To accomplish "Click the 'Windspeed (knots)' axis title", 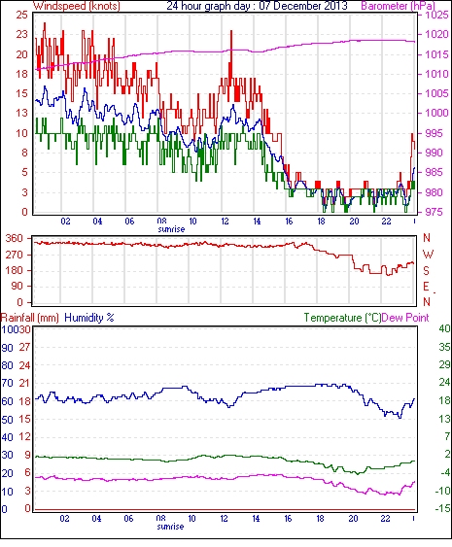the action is (x=77, y=6).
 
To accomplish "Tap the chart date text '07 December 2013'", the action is (x=303, y=6).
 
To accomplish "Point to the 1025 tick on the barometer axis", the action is (x=436, y=15).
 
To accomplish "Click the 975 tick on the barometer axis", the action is (x=436, y=212).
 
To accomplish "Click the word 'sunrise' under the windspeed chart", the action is (x=171, y=229).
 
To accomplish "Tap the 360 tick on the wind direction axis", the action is (x=15, y=239).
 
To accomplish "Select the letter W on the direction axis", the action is (x=428, y=255).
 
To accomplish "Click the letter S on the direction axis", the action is (x=426, y=270).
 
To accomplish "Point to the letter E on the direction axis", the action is (x=426, y=287).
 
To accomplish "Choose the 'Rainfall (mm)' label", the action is (x=29, y=318).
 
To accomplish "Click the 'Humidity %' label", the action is (x=89, y=318).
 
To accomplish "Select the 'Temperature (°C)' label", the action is (x=342, y=318).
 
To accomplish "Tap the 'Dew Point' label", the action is (x=405, y=318).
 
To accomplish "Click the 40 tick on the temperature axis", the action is (x=444, y=329).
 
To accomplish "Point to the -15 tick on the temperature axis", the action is (x=443, y=509).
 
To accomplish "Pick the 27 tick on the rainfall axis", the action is (x=24, y=348).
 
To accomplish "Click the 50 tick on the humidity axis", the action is (x=8, y=420).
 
